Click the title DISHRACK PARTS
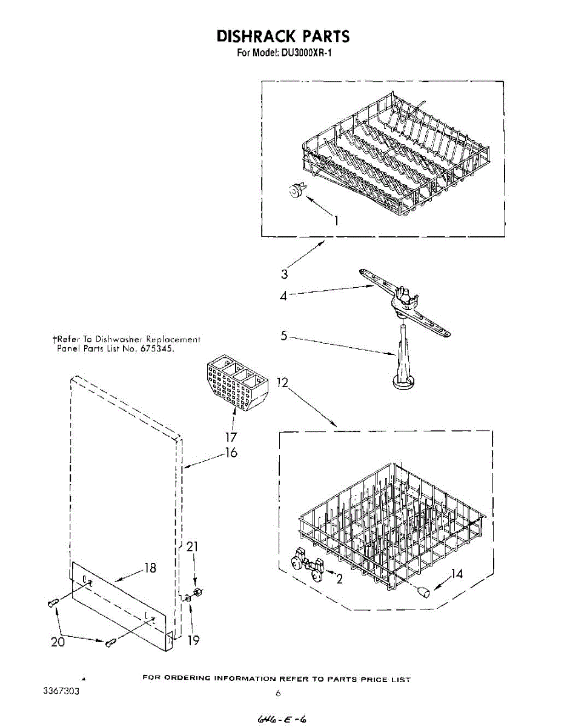tap(283, 36)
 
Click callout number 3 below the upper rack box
tap(283, 274)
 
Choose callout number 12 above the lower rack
tap(282, 383)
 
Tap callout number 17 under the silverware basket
tap(230, 437)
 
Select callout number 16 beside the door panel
tap(231, 452)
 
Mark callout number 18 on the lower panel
tap(150, 568)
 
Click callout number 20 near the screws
tap(58, 642)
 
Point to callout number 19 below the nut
tap(193, 640)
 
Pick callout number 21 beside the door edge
tap(193, 547)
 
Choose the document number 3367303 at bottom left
tap(60, 691)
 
